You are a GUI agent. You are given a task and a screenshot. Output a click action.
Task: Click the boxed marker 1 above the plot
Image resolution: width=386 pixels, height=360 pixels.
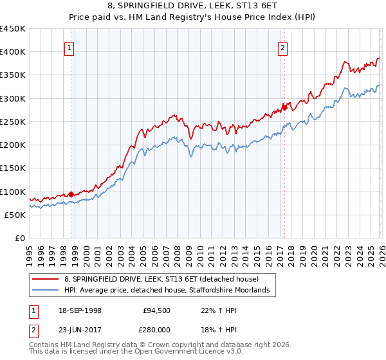click(69, 47)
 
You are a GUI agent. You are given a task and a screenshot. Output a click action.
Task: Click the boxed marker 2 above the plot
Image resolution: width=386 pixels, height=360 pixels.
click(282, 47)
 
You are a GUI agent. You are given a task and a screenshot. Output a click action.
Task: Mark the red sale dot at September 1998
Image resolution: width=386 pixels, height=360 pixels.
click(71, 194)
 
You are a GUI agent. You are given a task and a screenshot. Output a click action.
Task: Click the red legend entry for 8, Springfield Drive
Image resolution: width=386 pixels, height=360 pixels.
click(161, 280)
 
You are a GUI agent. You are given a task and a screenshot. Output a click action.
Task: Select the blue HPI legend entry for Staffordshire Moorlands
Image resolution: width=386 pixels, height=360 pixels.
click(170, 291)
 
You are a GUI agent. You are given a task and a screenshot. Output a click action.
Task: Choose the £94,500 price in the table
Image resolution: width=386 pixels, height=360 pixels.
click(158, 310)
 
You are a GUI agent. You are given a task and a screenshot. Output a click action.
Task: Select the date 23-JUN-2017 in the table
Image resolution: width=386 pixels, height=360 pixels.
click(79, 331)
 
